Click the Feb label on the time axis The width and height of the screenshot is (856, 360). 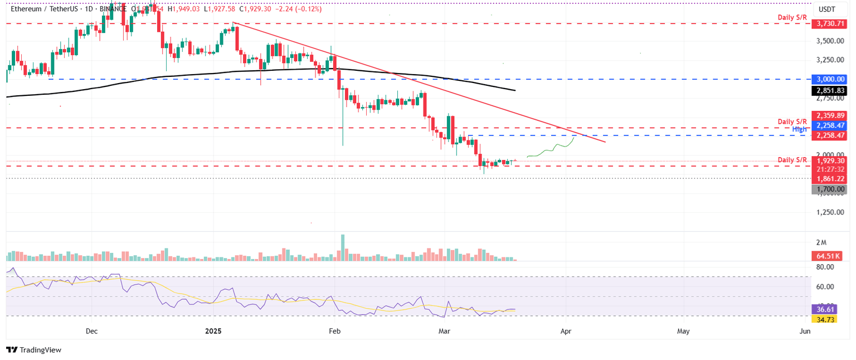tap(334, 331)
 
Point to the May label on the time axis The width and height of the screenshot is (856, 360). tap(683, 331)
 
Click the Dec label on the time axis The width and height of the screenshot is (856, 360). tap(91, 331)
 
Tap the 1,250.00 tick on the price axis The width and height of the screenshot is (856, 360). tap(829, 212)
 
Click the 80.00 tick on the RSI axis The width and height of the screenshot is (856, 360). tap(825, 267)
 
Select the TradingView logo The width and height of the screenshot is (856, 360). tap(33, 350)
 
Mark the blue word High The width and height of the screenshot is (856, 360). tap(799, 129)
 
